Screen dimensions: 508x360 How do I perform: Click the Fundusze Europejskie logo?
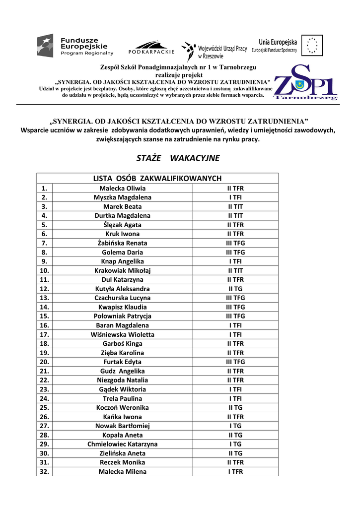pyautogui.click(x=75, y=46)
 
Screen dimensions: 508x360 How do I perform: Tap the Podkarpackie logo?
pyautogui.click(x=151, y=48)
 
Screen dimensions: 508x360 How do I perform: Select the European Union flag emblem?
pyautogui.click(x=312, y=45)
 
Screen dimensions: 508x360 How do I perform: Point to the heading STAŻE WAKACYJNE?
pyautogui.click(x=178, y=158)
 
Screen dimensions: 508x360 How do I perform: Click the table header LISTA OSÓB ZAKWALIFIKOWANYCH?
pyautogui.click(x=157, y=178)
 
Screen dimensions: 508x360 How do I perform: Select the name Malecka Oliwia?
pyautogui.click(x=123, y=189)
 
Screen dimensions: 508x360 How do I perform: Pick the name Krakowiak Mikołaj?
pyautogui.click(x=123, y=271)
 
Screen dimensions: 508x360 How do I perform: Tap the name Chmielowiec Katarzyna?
pyautogui.click(x=123, y=444)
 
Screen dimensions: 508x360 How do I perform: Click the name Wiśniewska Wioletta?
pyautogui.click(x=123, y=335)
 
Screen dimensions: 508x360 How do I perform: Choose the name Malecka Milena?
pyautogui.click(x=123, y=472)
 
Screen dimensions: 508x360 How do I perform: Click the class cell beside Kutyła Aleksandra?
pyautogui.click(x=235, y=289)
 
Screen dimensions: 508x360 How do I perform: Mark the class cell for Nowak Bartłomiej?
pyautogui.click(x=235, y=426)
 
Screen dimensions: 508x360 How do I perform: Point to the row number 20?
pyautogui.click(x=44, y=362)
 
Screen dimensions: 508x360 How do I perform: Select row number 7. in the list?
pyautogui.click(x=44, y=243)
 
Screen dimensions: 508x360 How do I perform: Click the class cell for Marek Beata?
pyautogui.click(x=235, y=206)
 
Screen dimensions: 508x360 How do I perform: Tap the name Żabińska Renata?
pyautogui.click(x=123, y=243)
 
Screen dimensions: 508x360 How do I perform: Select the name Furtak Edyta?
pyautogui.click(x=123, y=362)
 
